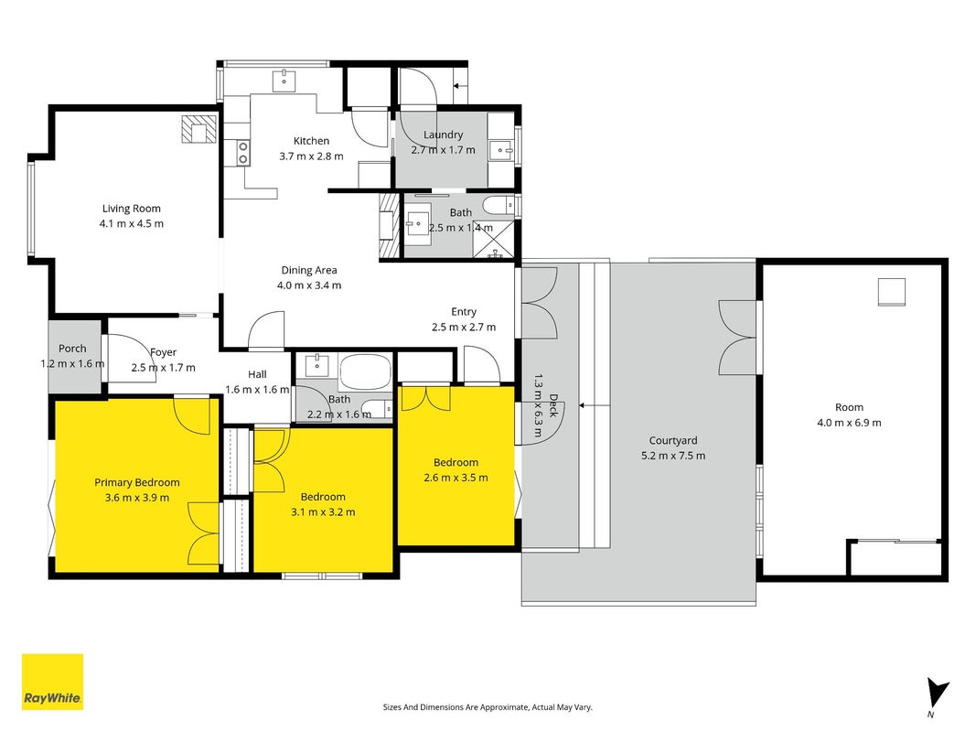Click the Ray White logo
(x=52, y=682)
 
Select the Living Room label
(x=132, y=209)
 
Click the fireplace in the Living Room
(x=199, y=129)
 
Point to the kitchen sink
(x=284, y=81)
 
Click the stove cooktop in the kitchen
(x=243, y=153)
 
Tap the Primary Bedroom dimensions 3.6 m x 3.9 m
(x=137, y=498)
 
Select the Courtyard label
(x=673, y=441)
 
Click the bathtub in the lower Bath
(x=365, y=372)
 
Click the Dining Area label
(x=309, y=270)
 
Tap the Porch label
(x=72, y=349)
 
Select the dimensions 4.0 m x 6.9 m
(x=849, y=423)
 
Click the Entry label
(x=464, y=312)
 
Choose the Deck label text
(x=553, y=404)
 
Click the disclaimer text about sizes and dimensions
(x=488, y=707)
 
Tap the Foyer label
(x=163, y=352)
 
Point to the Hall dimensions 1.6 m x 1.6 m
(x=257, y=390)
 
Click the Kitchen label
(x=311, y=141)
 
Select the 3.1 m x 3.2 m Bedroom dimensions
(x=323, y=512)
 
